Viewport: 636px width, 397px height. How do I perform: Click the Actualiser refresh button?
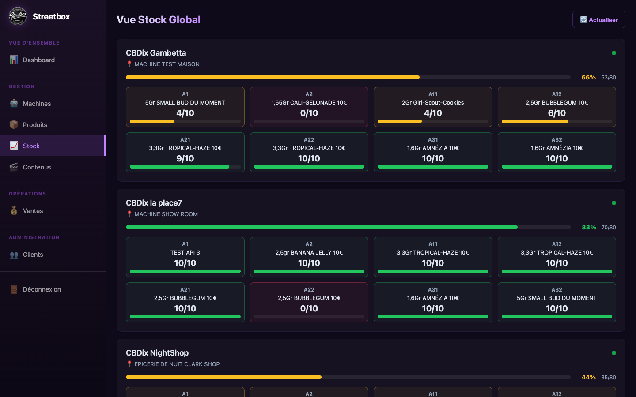pos(598,20)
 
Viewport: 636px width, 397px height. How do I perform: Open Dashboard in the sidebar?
pos(39,60)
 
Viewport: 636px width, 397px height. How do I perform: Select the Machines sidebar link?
pos(37,104)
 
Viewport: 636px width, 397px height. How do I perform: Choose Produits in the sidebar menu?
pos(35,125)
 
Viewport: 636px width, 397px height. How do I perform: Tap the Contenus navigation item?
pos(37,167)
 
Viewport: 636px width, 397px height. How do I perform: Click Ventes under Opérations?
pos(33,211)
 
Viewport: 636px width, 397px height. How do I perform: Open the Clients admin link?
pos(33,255)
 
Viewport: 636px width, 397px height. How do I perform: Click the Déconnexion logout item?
pos(42,289)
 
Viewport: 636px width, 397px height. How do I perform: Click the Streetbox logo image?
pos(18,16)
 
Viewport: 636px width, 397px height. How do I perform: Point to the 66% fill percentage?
pos(588,77)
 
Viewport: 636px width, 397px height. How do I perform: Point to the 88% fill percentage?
pos(588,227)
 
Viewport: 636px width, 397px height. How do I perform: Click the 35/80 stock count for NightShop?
pos(608,378)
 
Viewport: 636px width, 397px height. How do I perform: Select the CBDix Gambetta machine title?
pos(156,53)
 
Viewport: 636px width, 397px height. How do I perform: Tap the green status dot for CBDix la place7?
pos(613,203)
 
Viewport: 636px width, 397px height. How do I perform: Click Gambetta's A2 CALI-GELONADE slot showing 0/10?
pos(309,107)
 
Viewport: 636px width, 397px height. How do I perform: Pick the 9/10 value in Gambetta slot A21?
pos(185,158)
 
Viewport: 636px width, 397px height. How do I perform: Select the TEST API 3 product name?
pos(185,253)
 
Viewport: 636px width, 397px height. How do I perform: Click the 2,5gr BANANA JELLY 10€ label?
pos(309,253)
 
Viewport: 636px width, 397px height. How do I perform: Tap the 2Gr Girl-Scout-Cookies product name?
pos(433,103)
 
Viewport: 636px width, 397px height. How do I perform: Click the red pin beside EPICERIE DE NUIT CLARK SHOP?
pos(129,364)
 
